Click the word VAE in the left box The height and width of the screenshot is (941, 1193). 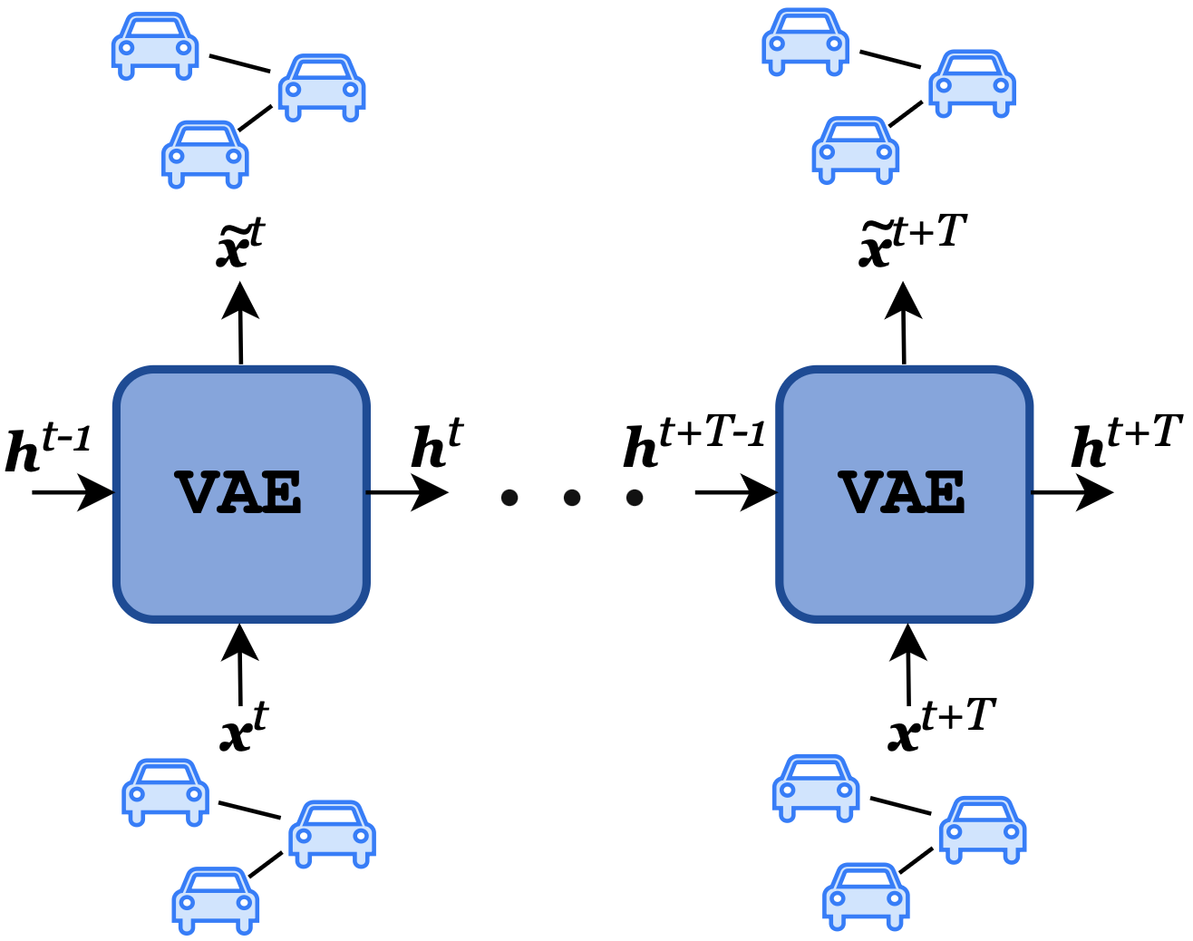tap(239, 494)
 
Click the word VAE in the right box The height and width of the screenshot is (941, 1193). tap(903, 494)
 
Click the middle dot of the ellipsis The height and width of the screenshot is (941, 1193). tap(571, 497)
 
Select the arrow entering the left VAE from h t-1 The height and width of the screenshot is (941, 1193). tap(73, 493)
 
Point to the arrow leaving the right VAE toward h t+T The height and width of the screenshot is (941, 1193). tap(1072, 493)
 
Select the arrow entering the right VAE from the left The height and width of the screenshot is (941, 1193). tap(735, 493)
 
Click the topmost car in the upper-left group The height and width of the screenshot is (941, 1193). tap(155, 46)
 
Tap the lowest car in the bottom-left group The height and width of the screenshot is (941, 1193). tap(216, 899)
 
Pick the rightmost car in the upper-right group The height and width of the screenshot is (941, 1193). tap(972, 83)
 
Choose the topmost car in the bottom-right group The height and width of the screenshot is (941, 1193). tap(816, 788)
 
